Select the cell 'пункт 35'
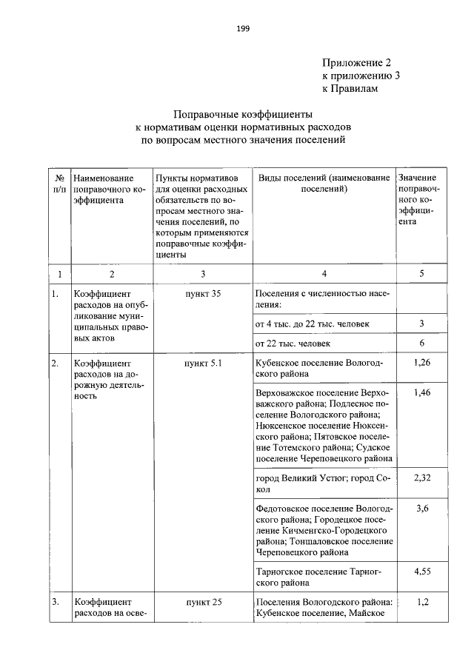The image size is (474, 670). [203, 294]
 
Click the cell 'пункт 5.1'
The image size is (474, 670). [203, 364]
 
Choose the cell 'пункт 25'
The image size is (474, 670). [203, 602]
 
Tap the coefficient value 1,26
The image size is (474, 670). [421, 363]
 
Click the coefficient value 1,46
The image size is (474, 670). [421, 392]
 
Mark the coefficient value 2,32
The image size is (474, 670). [421, 478]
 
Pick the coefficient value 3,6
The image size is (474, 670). [421, 508]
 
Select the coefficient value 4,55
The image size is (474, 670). [421, 571]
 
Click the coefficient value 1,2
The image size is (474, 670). [421, 602]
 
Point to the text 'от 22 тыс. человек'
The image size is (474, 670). [293, 344]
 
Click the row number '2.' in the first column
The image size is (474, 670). [56, 364]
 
